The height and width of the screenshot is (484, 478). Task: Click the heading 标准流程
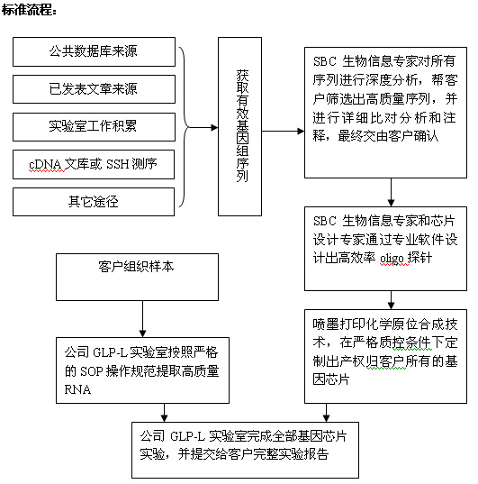coord(29,10)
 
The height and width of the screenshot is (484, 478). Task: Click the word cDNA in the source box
coord(47,165)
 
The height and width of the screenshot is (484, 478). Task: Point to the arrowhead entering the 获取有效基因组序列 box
coord(214,127)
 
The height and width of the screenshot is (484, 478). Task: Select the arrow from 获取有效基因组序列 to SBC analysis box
coord(283,132)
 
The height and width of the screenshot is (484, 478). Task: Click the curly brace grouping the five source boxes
coord(185,127)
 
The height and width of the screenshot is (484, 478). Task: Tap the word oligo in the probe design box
coord(392,258)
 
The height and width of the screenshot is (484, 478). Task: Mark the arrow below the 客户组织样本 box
coord(142,319)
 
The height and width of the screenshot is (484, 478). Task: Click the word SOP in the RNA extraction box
coord(91,371)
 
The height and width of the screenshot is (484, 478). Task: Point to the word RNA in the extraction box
coord(77,389)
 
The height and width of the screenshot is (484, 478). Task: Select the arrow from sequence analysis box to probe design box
coord(391,192)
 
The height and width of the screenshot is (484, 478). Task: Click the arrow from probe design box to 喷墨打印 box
coord(391,300)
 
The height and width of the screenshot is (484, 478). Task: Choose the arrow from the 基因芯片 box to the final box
coord(326,413)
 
